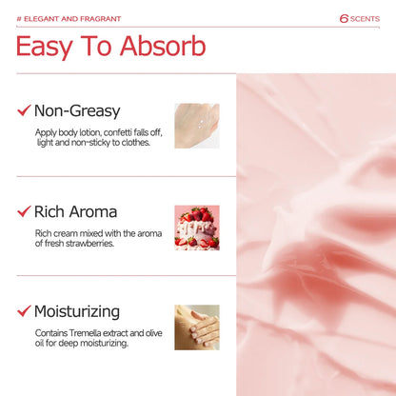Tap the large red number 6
344,18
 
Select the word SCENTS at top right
365,18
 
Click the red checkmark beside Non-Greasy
24,111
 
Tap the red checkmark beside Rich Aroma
24,211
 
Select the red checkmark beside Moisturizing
24,311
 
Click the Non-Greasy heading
77,111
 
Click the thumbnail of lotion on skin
196,126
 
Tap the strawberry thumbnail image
196,227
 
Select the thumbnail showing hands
196,327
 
